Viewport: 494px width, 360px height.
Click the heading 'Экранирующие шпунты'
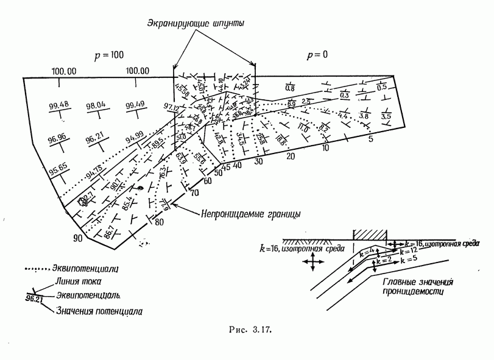195,23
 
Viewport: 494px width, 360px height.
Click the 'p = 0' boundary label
316,55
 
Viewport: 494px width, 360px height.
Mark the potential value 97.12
173,107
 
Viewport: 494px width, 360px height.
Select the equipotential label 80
160,222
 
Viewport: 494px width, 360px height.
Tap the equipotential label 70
195,193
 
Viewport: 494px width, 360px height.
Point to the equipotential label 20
291,156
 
